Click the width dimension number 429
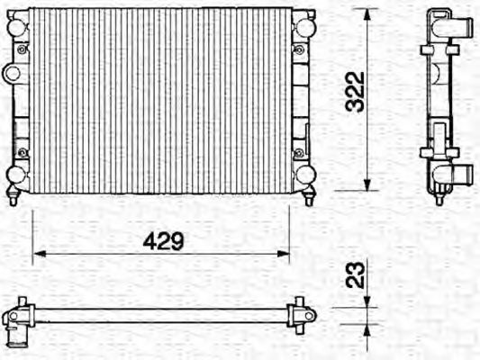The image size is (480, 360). pos(164,240)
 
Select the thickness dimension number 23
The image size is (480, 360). pos(358,274)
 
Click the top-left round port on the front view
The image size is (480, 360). pos(16,27)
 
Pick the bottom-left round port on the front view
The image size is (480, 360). pos(16,174)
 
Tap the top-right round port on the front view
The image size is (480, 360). pos(305,27)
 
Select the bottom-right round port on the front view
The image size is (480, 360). pos(305,174)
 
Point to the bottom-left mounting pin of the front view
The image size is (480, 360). pos(14,199)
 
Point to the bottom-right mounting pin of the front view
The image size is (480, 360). pos(309,199)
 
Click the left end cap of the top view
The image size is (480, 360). pos(17,314)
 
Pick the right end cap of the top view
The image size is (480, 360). pos(303,314)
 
